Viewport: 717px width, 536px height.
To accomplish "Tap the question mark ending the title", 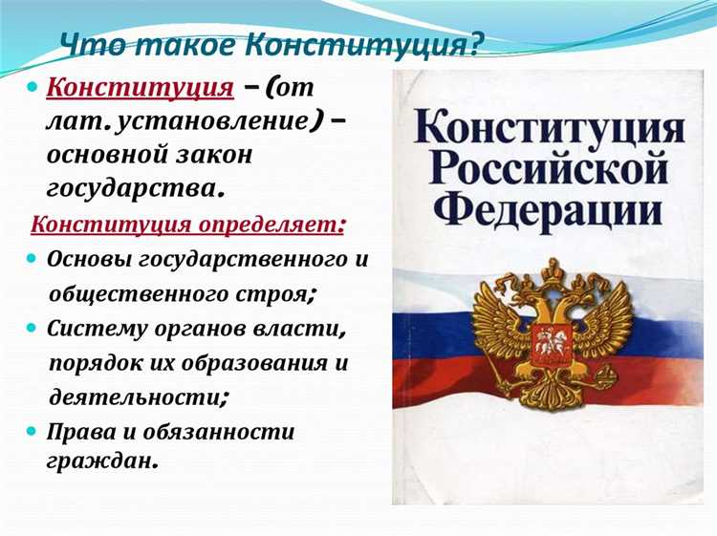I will tap(475, 44).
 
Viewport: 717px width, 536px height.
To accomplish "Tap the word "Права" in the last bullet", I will tap(77, 432).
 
